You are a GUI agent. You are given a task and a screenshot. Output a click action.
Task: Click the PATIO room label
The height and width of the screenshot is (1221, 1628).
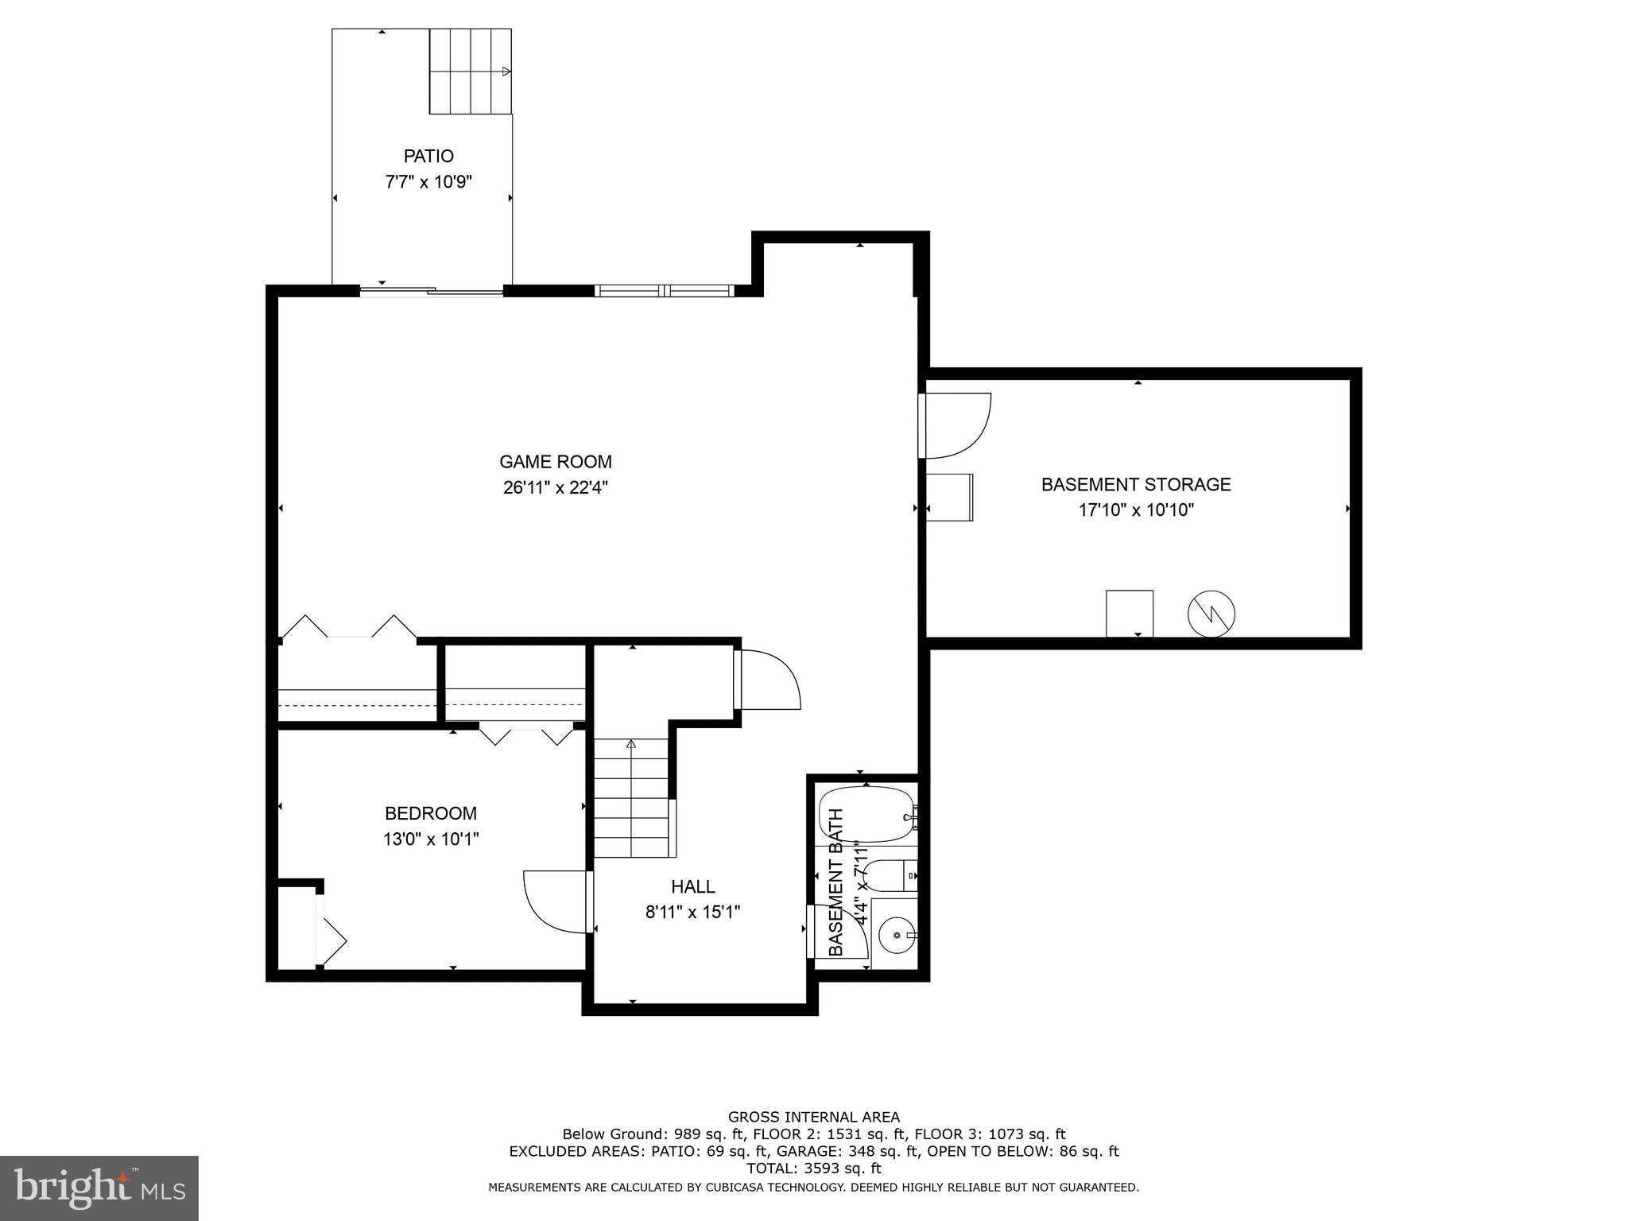[x=428, y=156]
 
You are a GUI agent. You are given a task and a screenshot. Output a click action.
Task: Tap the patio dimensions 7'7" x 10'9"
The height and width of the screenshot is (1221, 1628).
[x=428, y=182]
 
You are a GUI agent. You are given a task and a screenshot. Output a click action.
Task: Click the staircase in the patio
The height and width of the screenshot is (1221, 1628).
[x=470, y=72]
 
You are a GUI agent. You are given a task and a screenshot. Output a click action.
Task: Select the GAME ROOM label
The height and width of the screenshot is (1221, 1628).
[x=555, y=462]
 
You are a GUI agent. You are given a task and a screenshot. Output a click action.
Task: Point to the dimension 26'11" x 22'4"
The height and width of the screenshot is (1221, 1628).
[x=555, y=487]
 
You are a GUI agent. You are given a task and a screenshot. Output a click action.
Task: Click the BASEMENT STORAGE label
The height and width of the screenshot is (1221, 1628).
[x=1136, y=484]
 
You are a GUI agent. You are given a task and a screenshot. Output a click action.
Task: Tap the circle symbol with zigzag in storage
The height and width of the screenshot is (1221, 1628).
[x=1211, y=614]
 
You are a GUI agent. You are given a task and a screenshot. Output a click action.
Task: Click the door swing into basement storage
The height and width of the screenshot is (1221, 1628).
[x=956, y=426]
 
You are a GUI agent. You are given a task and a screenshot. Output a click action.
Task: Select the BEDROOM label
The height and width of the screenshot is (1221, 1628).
[x=431, y=813]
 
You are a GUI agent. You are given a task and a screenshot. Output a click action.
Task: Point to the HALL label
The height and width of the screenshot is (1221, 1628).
[x=692, y=886]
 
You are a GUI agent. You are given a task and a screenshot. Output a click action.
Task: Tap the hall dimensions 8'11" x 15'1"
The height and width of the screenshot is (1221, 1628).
[x=692, y=912]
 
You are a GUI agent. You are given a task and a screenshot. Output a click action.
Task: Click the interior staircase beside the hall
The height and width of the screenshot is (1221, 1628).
[x=632, y=798]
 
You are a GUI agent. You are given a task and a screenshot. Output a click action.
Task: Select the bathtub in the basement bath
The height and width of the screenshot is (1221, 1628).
[x=866, y=814]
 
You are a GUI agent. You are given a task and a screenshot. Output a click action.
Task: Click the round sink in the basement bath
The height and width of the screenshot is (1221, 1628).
[x=897, y=936]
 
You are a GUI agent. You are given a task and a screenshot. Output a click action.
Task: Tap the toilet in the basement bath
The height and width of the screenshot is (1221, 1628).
[x=889, y=877]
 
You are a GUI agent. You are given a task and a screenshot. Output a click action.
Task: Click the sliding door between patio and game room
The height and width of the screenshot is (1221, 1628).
[x=431, y=291]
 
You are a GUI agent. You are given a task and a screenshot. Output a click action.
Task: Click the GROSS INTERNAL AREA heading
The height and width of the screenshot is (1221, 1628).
[x=814, y=1117]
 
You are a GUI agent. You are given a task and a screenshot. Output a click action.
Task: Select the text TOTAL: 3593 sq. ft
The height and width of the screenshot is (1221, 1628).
[x=814, y=1169]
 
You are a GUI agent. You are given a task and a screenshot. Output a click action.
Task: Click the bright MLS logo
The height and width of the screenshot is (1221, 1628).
[x=99, y=1188]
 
